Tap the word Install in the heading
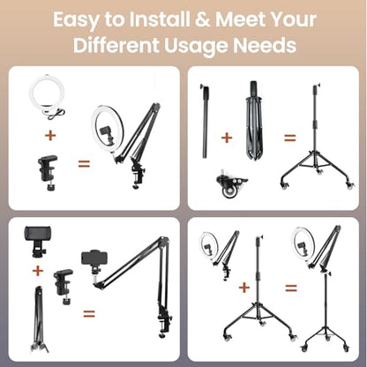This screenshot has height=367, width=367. pos(160,19)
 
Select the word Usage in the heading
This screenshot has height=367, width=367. pos(196,47)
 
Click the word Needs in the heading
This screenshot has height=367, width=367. pos(265,45)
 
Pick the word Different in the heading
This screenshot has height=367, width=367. pos(116,45)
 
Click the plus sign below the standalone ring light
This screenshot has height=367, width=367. pos(50,135)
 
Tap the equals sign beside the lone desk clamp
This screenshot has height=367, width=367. pos(84,163)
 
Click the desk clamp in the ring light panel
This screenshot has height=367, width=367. pos(49,172)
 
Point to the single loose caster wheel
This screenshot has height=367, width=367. pos(231,184)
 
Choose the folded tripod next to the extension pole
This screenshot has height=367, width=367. pos(253,121)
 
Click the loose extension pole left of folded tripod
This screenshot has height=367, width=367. pos(206,121)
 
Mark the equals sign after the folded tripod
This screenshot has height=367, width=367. pos(290,138)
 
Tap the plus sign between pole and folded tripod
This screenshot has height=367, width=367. pos(227,138)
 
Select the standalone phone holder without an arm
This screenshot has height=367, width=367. pos(38,241)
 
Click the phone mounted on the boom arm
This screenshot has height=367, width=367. pos(94,258)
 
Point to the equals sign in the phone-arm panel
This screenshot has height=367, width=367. pos(89,314)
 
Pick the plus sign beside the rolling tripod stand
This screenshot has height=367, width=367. pos(244,288)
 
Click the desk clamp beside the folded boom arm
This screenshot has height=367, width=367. pos(64,286)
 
